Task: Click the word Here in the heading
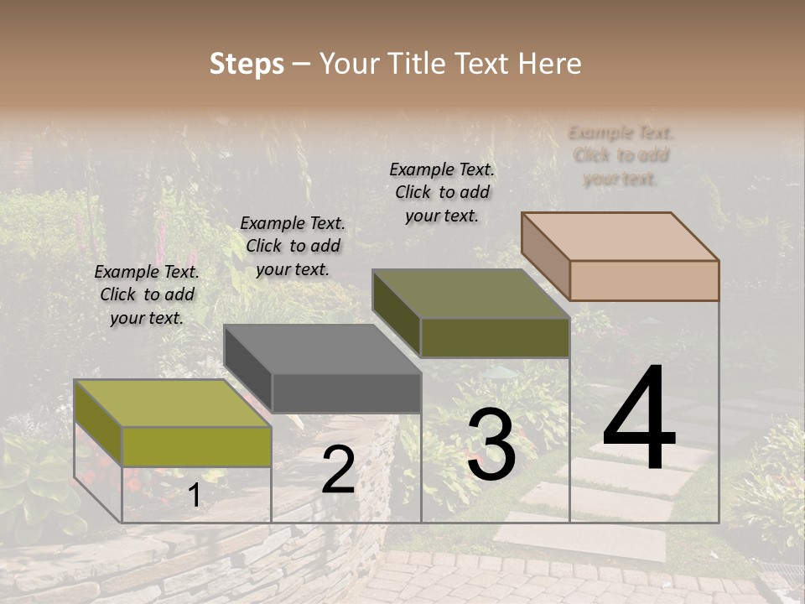549,64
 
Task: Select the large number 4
639,419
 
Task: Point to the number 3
491,445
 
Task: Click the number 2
338,471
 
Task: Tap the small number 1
194,496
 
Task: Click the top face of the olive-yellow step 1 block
172,404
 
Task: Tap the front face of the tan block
644,280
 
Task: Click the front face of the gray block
346,393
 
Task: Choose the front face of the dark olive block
495,338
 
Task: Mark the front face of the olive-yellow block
196,446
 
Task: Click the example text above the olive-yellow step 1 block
147,294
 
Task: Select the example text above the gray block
293,246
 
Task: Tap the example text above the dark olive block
442,192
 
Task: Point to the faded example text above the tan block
621,155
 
